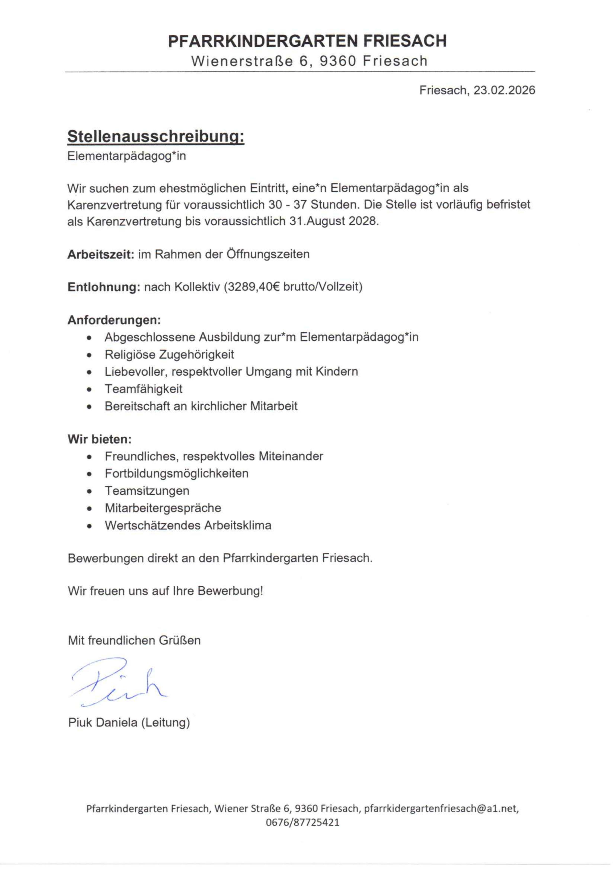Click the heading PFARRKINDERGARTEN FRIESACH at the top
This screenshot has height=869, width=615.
(307, 41)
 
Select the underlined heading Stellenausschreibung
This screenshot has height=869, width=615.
(156, 137)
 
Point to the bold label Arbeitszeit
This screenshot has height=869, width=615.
(101, 254)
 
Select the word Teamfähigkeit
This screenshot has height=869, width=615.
(144, 389)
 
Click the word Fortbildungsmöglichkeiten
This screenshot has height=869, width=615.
(177, 473)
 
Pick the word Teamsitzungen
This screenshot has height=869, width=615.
(147, 491)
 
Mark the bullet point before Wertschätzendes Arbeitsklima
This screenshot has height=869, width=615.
(89, 526)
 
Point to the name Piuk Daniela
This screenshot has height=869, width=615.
(103, 722)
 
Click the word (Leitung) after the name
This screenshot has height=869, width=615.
(165, 722)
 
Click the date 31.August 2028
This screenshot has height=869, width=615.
(334, 221)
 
